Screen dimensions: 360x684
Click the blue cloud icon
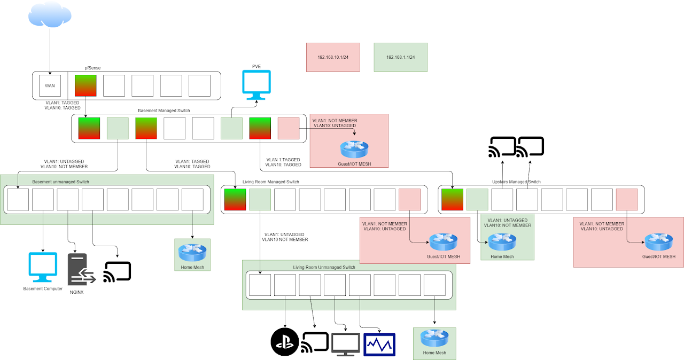pyautogui.click(x=50, y=14)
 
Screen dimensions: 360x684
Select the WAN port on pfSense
pyautogui.click(x=50, y=85)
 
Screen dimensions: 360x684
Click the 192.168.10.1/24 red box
pyautogui.click(x=333, y=57)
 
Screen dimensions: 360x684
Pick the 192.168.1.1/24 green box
pyautogui.click(x=400, y=57)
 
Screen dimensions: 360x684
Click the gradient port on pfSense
pyautogui.click(x=85, y=85)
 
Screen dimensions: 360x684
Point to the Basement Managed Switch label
pyautogui.click(x=164, y=111)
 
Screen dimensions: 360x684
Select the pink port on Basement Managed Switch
pyautogui.click(x=289, y=128)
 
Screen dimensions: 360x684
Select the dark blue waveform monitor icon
pyautogui.click(x=379, y=344)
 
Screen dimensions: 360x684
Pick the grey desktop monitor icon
pyautogui.click(x=346, y=344)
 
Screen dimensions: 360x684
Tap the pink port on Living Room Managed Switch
pyautogui.click(x=409, y=199)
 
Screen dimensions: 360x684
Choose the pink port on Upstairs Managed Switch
pyautogui.click(x=627, y=199)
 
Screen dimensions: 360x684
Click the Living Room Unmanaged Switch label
pyautogui.click(x=324, y=267)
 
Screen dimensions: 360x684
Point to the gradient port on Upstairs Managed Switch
pyautogui.click(x=453, y=199)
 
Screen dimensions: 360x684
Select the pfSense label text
pyautogui.click(x=93, y=68)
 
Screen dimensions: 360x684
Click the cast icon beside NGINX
pyautogui.click(x=118, y=271)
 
